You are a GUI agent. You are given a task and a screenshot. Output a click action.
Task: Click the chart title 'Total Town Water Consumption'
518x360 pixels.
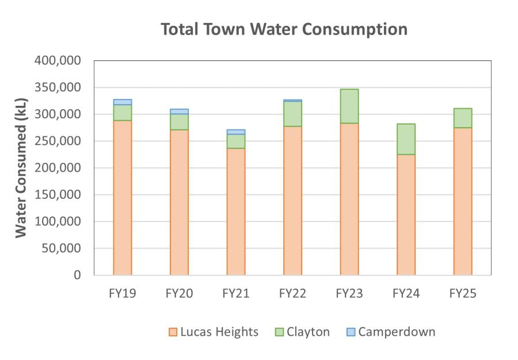coord(284,29)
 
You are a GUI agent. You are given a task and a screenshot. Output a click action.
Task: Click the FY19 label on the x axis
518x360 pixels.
coord(123,294)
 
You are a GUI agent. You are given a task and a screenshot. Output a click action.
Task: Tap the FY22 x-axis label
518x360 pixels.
coord(292,294)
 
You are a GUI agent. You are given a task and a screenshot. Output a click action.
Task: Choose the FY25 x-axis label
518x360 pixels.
coord(463,294)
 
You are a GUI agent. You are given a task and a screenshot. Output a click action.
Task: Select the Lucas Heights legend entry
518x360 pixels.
coord(214,332)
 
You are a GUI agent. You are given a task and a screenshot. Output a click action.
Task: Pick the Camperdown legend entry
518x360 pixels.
coord(391,332)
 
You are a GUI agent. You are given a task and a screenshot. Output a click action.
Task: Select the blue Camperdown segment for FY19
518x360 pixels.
coord(123,102)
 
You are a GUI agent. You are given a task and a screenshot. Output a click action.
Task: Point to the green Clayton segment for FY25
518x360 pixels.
coord(463,118)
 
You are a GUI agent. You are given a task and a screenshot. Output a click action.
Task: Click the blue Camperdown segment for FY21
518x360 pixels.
coord(236,132)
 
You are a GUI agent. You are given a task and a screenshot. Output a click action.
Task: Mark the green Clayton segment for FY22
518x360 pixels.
coord(292,114)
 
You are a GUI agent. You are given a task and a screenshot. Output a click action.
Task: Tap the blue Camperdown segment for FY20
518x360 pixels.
coord(179,112)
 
